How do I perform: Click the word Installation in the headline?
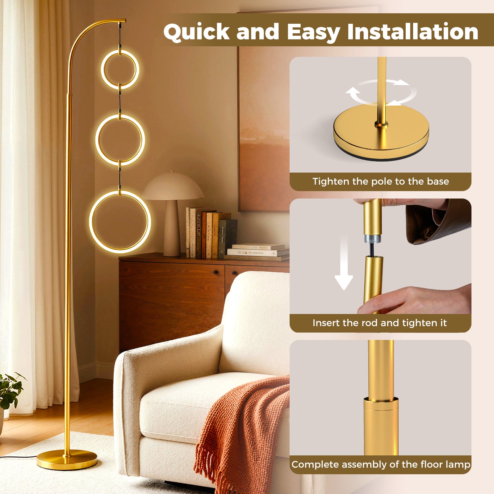(x=412, y=32)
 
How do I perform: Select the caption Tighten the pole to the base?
(x=380, y=181)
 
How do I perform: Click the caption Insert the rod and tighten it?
(x=379, y=323)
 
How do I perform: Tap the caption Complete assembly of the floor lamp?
(x=380, y=464)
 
